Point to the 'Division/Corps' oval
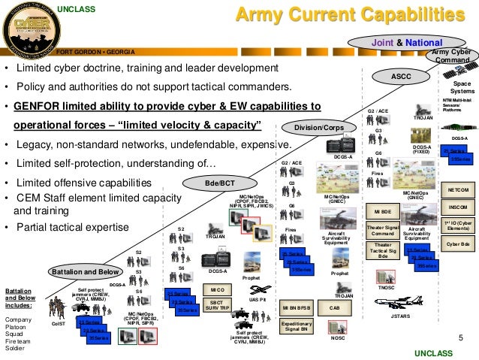[x=319, y=128]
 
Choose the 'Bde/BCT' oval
[x=221, y=183]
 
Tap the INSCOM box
[x=456, y=207]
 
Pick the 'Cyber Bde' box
[x=456, y=244]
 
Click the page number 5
[x=459, y=337]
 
